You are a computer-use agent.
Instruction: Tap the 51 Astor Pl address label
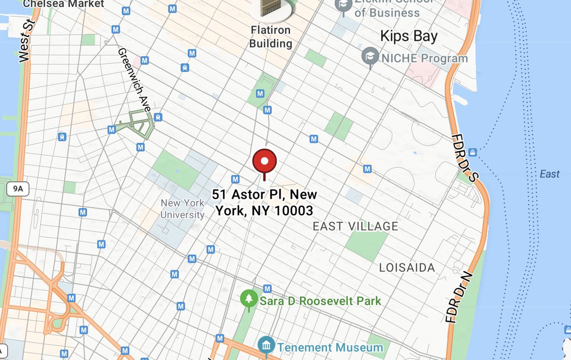[265, 202]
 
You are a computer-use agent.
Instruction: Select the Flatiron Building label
[271, 37]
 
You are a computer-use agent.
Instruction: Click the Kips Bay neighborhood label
[409, 36]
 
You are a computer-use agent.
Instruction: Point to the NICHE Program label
[424, 59]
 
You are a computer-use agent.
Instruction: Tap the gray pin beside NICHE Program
[370, 57]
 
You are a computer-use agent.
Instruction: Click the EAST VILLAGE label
[355, 227]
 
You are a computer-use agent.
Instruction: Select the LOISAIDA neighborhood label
[407, 268]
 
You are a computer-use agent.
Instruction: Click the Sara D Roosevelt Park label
[320, 301]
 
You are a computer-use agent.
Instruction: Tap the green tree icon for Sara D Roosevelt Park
[248, 299]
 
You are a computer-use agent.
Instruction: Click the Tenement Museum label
[330, 348]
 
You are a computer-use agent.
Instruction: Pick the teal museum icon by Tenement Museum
[265, 345]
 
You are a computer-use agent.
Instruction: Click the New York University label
[182, 209]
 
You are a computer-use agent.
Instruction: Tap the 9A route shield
[18, 189]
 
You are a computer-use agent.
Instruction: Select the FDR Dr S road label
[464, 158]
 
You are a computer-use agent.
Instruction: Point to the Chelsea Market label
[64, 4]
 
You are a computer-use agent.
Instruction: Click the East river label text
[550, 174]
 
